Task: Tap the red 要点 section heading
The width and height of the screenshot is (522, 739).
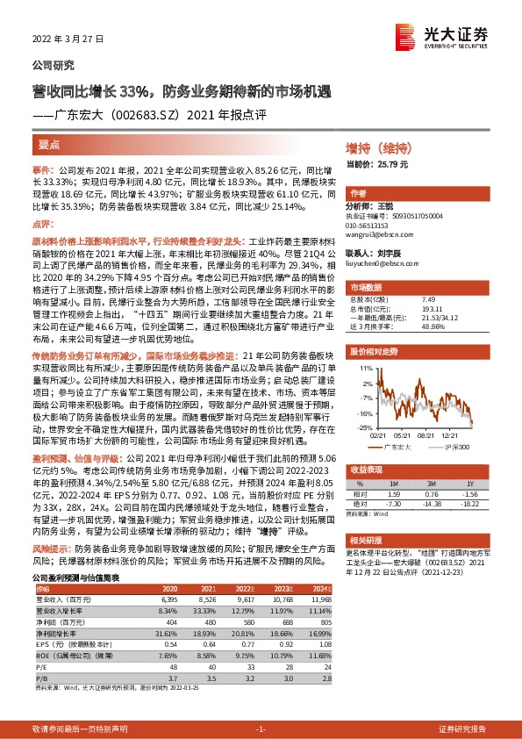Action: point(50,144)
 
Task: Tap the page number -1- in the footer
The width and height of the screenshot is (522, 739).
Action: point(261,728)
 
